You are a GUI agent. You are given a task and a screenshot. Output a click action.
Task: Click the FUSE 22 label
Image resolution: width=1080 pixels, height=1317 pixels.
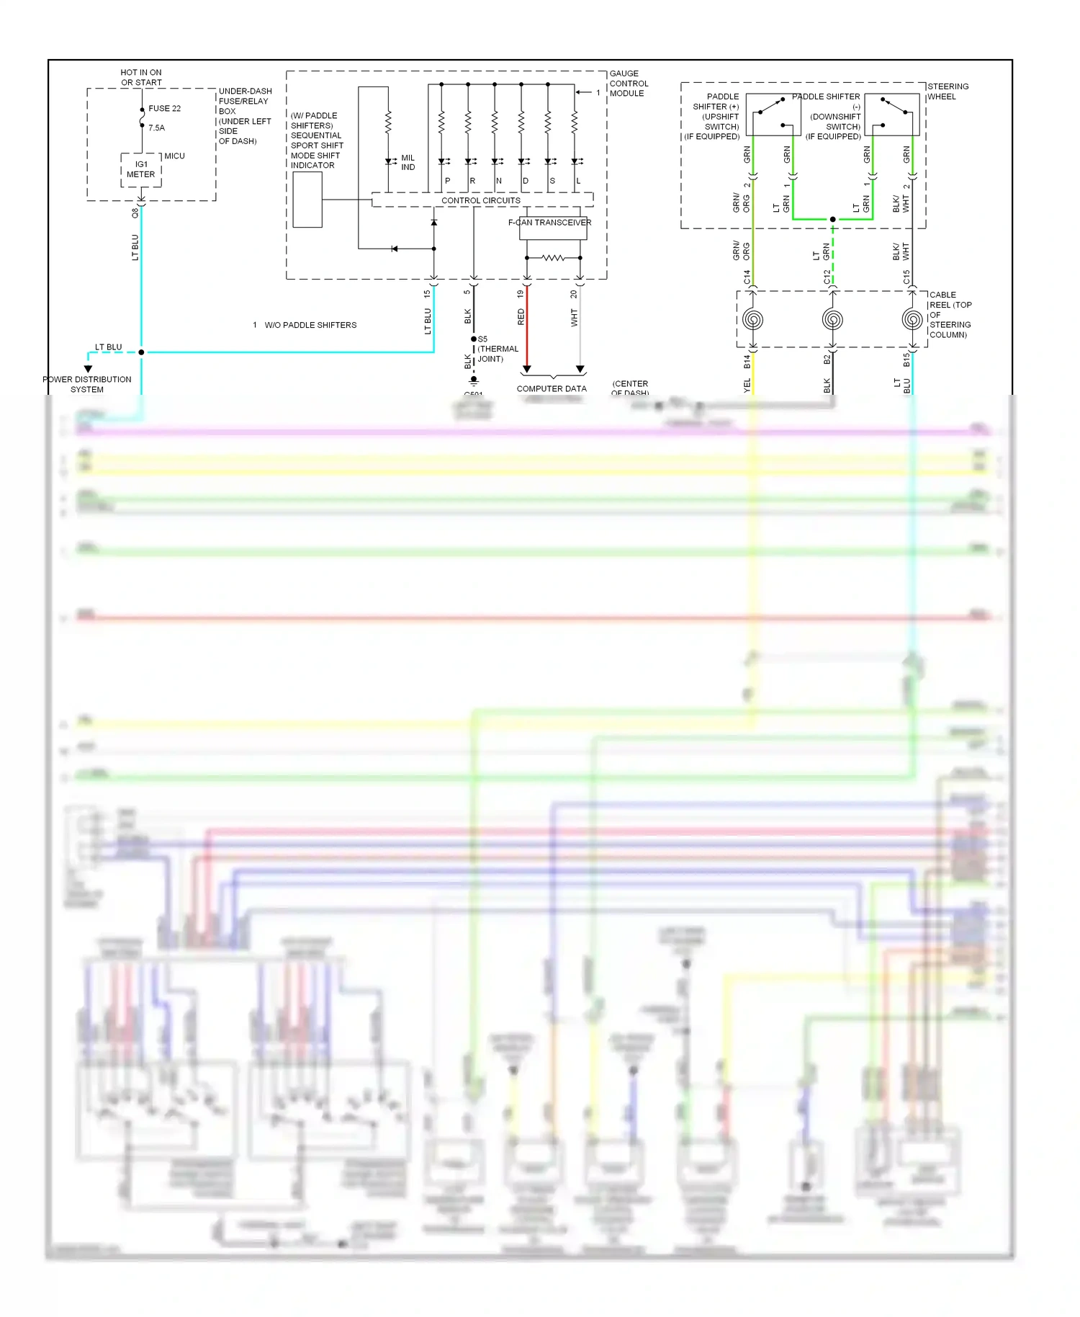point(164,109)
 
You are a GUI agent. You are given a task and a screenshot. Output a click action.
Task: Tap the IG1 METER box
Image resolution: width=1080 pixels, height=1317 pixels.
point(141,170)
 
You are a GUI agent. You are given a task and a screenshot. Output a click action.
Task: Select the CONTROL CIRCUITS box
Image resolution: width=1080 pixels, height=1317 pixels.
point(481,200)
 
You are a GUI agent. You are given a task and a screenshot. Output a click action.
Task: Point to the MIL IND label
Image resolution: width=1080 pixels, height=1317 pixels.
point(408,163)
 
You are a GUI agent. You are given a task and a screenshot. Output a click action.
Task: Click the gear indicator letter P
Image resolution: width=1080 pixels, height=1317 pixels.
point(448,181)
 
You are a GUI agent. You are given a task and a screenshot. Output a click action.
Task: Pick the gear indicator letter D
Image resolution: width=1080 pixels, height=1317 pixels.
point(526,181)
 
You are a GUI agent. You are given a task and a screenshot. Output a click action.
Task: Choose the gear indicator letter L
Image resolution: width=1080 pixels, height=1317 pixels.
point(578,181)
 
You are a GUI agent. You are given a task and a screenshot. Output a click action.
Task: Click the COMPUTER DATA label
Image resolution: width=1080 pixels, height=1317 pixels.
point(552,389)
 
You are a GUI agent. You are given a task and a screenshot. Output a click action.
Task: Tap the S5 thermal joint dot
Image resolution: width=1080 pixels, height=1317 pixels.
point(474,339)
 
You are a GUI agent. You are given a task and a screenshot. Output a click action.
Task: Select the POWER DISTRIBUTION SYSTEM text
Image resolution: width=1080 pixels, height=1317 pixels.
point(87,385)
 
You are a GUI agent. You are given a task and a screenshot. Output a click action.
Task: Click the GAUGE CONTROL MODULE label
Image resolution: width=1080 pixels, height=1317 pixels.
point(629,84)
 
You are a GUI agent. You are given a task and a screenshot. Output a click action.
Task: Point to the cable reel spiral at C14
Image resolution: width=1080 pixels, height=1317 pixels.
point(753,319)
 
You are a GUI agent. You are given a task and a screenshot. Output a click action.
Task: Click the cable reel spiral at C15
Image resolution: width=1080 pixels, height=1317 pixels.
point(912,319)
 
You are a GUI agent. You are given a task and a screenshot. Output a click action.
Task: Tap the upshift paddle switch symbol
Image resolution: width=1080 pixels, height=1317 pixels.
point(773,115)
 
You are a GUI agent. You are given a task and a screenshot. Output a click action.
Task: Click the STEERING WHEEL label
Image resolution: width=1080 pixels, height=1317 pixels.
point(948,91)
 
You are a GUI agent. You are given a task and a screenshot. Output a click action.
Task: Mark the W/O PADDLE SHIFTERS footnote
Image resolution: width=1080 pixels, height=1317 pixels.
point(310,326)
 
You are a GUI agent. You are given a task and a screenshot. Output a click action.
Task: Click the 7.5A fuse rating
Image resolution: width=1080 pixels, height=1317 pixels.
point(156,128)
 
